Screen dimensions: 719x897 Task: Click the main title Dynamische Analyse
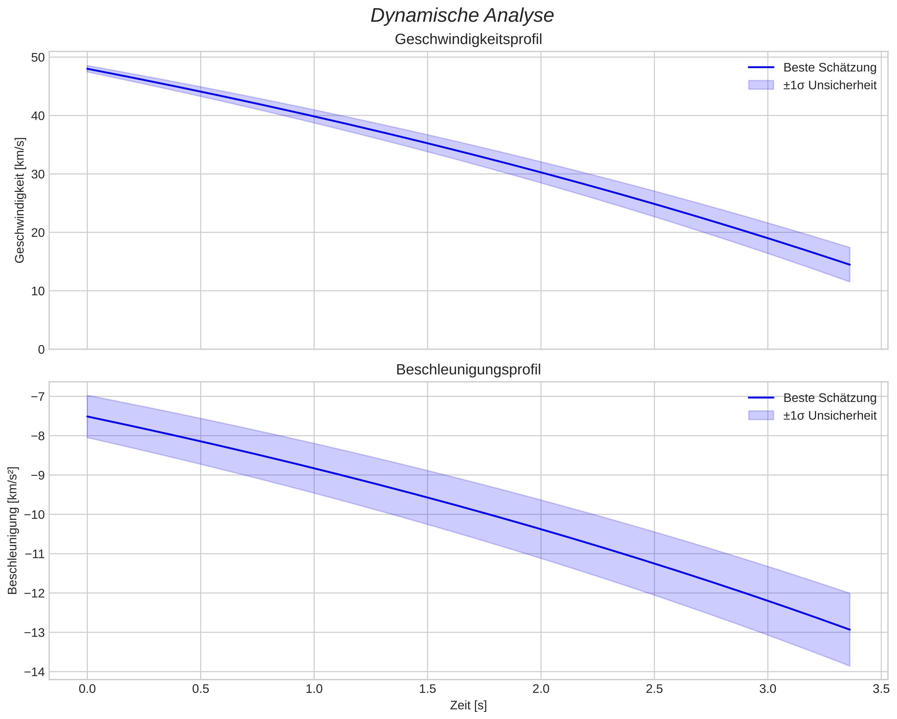click(x=462, y=16)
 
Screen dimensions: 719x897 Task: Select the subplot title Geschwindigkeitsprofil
click(x=468, y=39)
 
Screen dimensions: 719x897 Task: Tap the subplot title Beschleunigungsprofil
click(x=468, y=370)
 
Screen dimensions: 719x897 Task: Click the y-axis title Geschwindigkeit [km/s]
click(x=20, y=200)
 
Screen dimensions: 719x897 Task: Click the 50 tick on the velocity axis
click(x=38, y=58)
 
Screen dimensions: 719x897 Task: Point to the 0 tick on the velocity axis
click(x=41, y=349)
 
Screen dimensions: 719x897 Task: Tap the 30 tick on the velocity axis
click(x=38, y=174)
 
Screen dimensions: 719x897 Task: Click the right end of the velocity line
click(x=850, y=265)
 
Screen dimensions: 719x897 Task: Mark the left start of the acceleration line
click(x=88, y=416)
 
